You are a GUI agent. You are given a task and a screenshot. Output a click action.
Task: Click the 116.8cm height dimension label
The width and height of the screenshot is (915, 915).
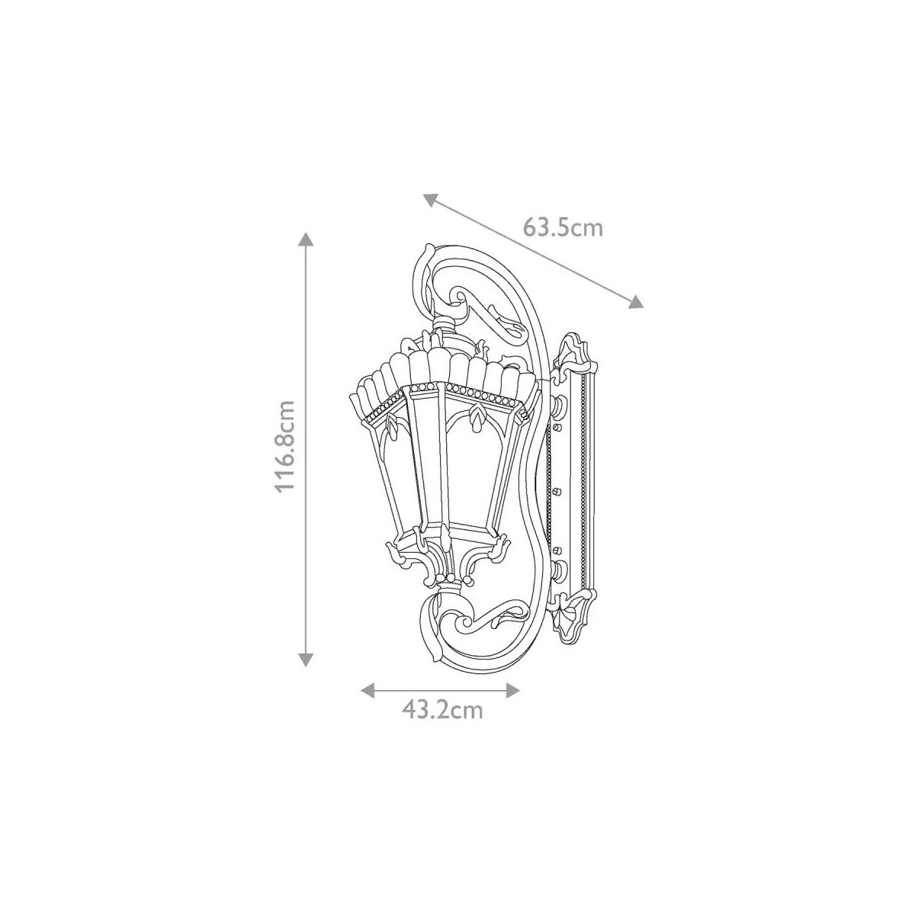pos(286,446)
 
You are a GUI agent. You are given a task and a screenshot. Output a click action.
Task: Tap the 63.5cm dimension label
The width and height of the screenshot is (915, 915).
pos(563,227)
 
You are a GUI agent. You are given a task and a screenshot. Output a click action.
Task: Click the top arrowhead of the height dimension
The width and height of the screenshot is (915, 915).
pos(306,239)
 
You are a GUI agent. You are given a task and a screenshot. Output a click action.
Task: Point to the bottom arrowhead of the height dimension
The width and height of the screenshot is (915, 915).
pos(306,660)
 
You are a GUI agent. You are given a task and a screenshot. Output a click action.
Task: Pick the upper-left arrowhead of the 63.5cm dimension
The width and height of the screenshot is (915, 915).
pos(430,201)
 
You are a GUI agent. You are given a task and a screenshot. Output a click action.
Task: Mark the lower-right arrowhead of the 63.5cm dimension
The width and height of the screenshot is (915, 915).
pos(636,301)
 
